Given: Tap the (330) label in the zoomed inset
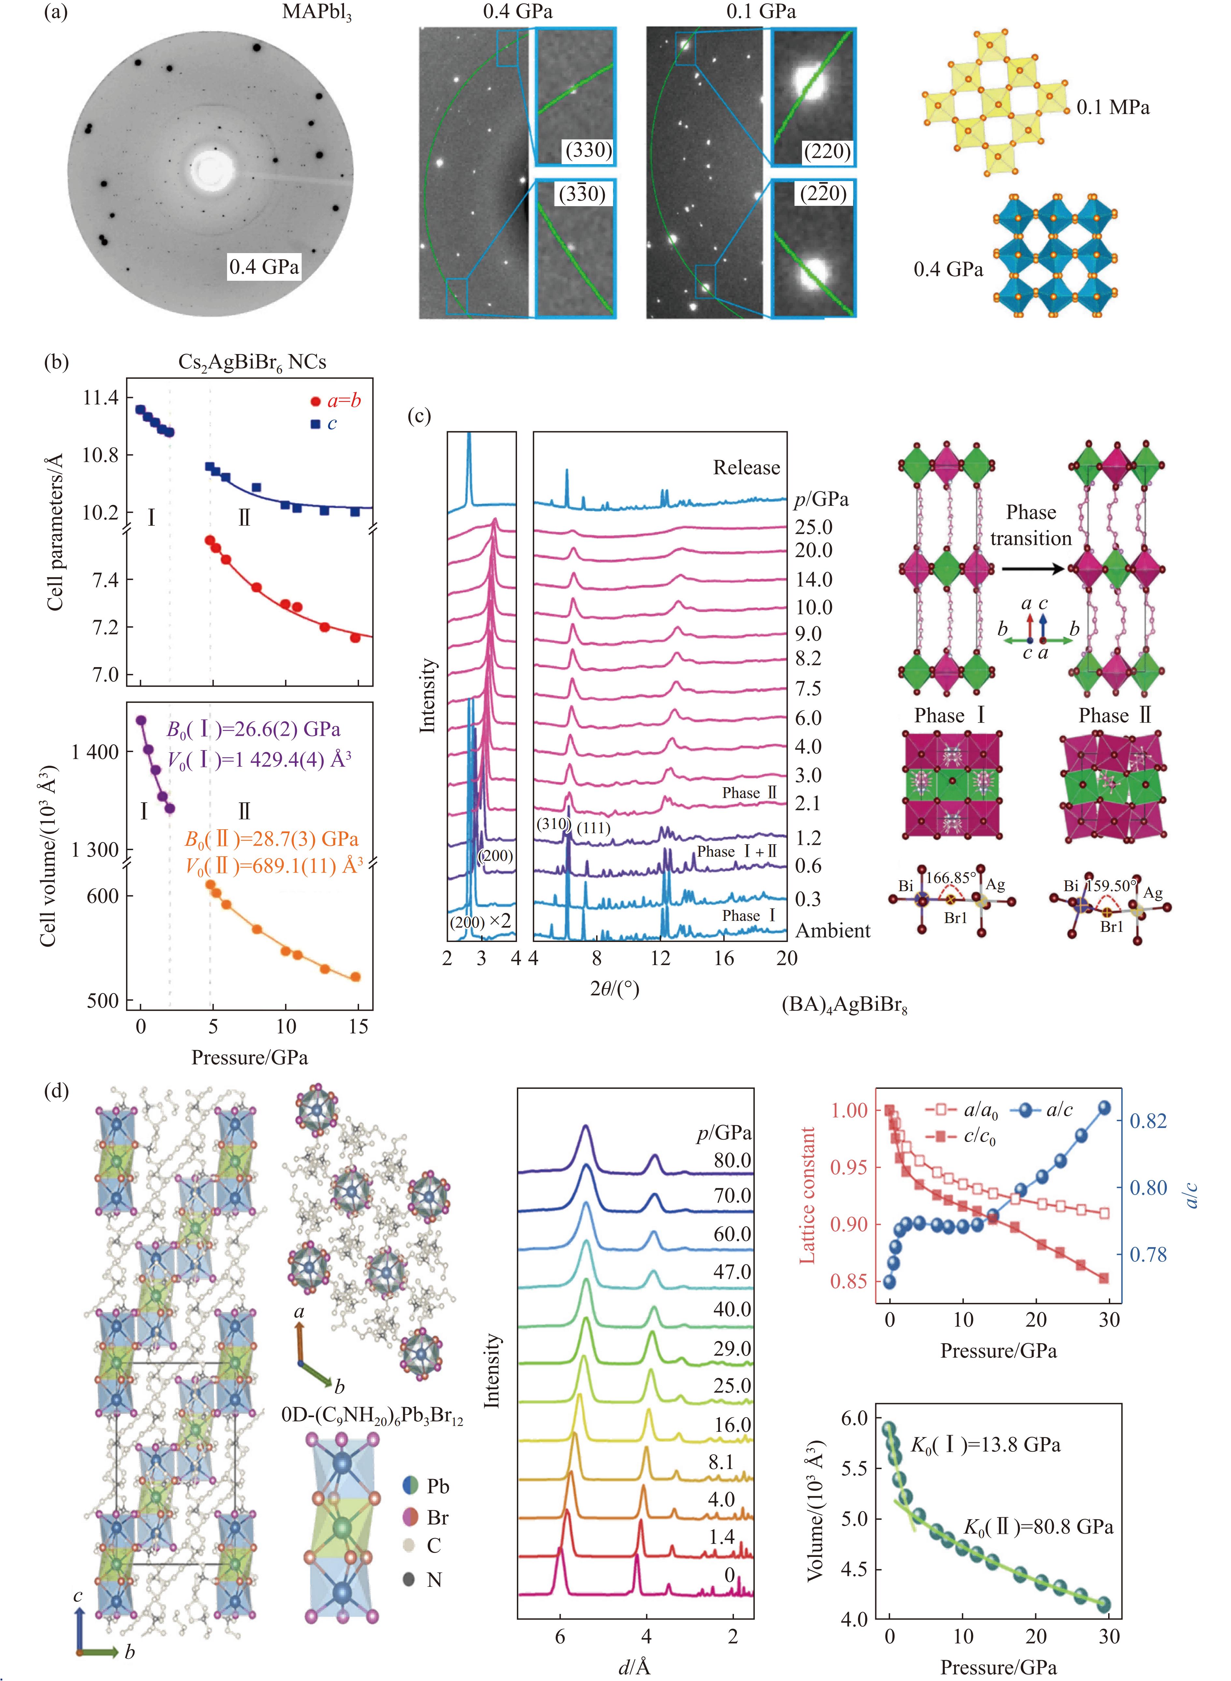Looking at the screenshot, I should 588,150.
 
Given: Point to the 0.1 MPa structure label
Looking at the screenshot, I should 1112,107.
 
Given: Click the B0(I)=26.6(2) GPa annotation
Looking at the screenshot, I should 253,730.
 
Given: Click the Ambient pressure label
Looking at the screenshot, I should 832,931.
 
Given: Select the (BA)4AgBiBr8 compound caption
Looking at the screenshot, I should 844,1005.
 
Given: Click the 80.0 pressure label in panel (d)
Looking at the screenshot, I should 732,1160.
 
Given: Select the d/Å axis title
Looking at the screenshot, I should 635,1667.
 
